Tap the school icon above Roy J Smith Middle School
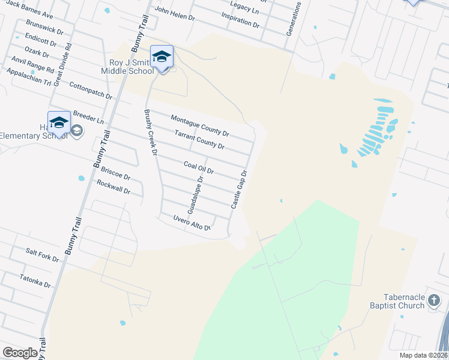click(161, 57)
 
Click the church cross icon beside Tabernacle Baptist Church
click(436, 305)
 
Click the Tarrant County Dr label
click(199, 140)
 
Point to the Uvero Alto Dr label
click(191, 223)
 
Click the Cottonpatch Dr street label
click(91, 91)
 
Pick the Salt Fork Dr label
click(42, 256)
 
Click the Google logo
click(20, 353)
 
